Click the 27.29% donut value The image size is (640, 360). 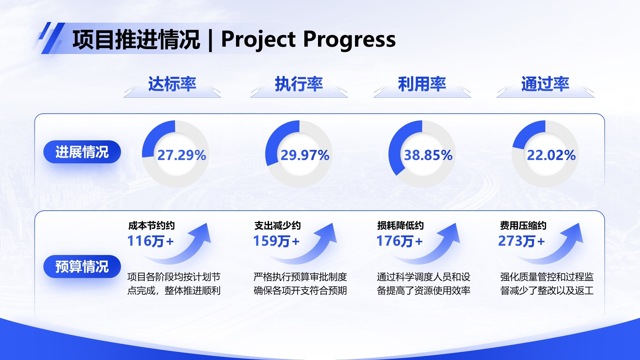point(182,155)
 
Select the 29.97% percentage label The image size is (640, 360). point(305,155)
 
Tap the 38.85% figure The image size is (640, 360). point(428,155)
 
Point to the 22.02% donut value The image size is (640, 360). point(551,155)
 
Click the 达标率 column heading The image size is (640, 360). point(172,84)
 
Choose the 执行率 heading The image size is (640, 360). point(299,84)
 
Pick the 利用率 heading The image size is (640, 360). point(422,84)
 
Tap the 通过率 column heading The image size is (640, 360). point(545,84)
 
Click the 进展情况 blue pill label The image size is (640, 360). point(82,152)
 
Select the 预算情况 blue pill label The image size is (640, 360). point(82,267)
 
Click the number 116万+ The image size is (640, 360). point(150,241)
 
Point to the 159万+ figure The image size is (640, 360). point(276,241)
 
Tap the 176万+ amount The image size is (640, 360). point(399,241)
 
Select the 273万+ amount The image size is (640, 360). point(521,241)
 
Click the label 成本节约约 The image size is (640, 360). point(151,226)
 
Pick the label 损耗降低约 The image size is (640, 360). point(400,226)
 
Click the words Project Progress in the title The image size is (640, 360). point(308,39)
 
